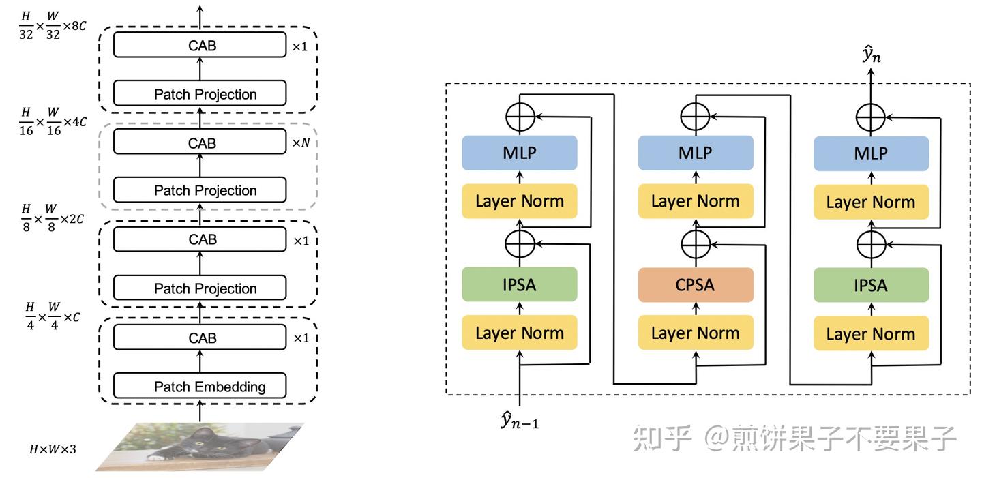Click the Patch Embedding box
pos(199,386)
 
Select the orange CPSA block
pos(696,284)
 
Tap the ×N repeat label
pos(301,144)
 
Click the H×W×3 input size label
pos(53,449)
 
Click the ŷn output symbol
pos(872,55)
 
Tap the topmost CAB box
pos(199,45)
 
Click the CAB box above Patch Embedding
pos(199,338)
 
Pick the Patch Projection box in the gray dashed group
pos(199,190)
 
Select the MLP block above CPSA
pos(696,153)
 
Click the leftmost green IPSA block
pos(520,284)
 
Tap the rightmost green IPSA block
pos(872,285)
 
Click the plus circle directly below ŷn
pos(872,117)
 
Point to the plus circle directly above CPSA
pos(696,243)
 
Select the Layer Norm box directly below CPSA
pos(696,333)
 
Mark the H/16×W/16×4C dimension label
pos(53,121)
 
